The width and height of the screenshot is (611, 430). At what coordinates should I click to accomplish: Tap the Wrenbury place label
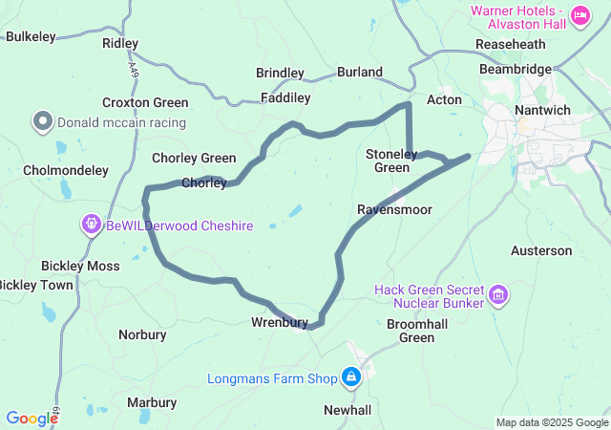[x=280, y=322]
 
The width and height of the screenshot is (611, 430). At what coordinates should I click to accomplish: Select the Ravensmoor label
[x=394, y=209]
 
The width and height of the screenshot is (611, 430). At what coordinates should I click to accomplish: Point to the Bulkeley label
[x=32, y=36]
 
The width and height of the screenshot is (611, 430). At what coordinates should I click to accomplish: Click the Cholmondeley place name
[x=66, y=170]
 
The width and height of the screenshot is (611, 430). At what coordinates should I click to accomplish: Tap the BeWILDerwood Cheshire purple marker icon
[x=92, y=225]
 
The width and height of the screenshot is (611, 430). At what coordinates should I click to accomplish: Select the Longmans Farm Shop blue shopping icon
[x=351, y=377]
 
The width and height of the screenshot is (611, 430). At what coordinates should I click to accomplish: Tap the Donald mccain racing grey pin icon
[x=43, y=121]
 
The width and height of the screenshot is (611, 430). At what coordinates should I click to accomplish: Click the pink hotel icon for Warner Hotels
[x=580, y=16]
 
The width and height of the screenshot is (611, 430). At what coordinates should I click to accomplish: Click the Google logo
[x=32, y=418]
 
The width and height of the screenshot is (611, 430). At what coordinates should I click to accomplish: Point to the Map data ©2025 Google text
[x=552, y=422]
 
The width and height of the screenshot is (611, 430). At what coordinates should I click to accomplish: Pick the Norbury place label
[x=142, y=334]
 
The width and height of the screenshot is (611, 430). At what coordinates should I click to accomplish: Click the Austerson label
[x=541, y=251]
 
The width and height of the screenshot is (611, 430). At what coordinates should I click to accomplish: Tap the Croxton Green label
[x=145, y=102]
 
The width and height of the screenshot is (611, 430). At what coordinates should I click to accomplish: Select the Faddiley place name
[x=285, y=97]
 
